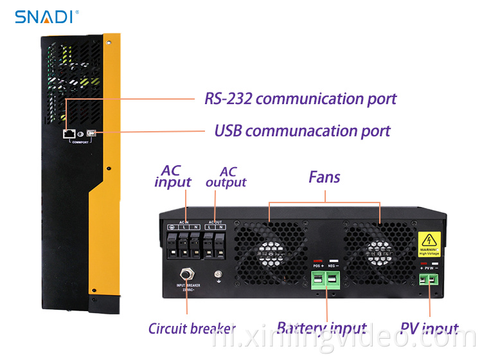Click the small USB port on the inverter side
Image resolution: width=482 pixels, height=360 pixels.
pyautogui.click(x=92, y=133)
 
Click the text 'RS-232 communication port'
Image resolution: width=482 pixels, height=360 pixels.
pyautogui.click(x=300, y=99)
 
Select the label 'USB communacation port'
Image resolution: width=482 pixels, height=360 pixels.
pyautogui.click(x=302, y=131)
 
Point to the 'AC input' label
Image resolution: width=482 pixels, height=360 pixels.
pyautogui.click(x=172, y=177)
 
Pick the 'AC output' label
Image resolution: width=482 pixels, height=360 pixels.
pyautogui.click(x=226, y=177)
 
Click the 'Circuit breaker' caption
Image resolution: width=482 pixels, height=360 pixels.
pyautogui.click(x=192, y=329)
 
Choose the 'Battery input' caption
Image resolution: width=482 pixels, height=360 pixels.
pyautogui.click(x=321, y=329)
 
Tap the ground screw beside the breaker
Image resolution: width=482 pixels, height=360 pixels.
pyautogui.click(x=219, y=274)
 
